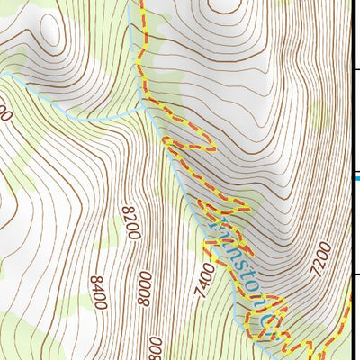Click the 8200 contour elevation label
pos(130,222)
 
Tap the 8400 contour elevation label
pos(98,292)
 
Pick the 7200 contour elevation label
pos(323,257)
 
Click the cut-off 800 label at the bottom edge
pos(156,349)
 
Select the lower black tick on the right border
pos(355,274)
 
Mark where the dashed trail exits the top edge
pos(141,3)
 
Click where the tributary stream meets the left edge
pos(2,75)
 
